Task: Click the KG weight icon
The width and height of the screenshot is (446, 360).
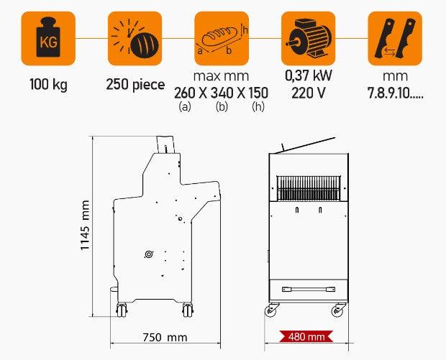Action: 48,38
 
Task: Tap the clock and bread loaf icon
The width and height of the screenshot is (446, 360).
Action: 135,38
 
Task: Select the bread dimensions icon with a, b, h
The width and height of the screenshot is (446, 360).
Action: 222,38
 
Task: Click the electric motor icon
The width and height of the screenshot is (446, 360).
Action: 309,38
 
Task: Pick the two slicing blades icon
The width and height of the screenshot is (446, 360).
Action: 395,38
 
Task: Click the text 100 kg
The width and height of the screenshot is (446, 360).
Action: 49,84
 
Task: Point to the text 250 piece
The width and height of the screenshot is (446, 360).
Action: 135,85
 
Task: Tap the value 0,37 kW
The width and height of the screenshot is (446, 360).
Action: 309,75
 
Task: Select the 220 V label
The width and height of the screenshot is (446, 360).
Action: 309,93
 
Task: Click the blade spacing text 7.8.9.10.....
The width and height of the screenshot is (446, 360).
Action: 396,93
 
